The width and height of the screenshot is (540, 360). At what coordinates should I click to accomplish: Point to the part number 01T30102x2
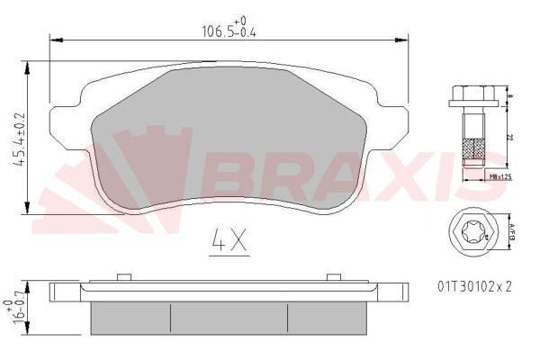tap(474, 286)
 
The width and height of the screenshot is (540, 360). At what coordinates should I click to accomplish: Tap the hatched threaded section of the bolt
tap(472, 149)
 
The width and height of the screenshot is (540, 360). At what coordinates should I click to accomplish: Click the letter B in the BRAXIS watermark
tap(232, 171)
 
